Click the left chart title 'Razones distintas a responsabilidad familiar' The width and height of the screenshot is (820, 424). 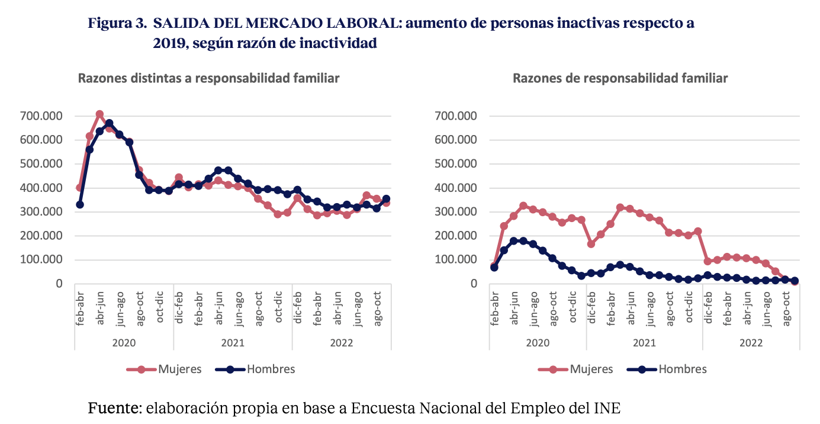(x=209, y=78)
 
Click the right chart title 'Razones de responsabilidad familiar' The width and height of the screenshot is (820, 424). (x=620, y=78)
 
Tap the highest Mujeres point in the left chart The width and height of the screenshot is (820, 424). (x=99, y=114)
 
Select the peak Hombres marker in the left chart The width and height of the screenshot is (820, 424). (x=110, y=123)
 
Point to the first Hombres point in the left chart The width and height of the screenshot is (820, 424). (x=80, y=205)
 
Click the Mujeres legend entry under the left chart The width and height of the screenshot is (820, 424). (x=165, y=369)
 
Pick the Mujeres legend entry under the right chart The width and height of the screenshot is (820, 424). (x=577, y=369)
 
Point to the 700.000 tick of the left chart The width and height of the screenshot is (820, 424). (x=43, y=116)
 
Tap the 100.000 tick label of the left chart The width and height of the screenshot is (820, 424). (x=43, y=260)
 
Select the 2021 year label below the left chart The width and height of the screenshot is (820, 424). (x=233, y=343)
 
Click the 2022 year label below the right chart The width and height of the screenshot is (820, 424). (x=751, y=343)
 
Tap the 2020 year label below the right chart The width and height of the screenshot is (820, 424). (x=538, y=343)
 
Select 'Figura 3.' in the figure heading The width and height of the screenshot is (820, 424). (x=117, y=24)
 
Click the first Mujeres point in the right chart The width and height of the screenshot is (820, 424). (x=494, y=265)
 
